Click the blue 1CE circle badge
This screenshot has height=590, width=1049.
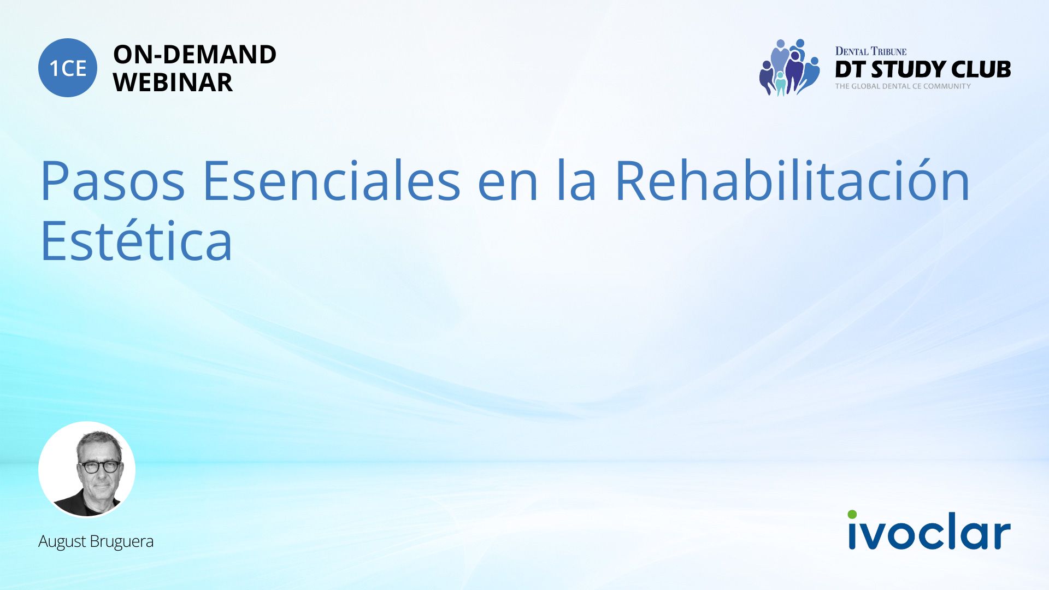[68, 68]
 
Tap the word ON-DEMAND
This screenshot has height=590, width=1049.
[195, 55]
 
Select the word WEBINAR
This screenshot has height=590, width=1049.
[173, 82]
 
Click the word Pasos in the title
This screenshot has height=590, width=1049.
[113, 181]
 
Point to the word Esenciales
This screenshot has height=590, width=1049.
[332, 181]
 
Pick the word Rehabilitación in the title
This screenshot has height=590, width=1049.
[792, 180]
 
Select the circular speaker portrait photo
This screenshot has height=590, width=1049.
[87, 469]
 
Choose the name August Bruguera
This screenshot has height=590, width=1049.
[96, 541]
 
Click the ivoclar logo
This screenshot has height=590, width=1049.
[929, 529]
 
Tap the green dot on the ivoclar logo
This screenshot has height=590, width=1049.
[852, 515]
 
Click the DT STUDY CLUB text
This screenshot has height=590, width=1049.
[923, 69]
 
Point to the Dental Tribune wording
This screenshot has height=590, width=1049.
[871, 51]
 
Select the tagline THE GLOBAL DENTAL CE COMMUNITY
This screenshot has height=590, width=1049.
[903, 86]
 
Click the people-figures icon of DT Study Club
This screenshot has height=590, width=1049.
[789, 67]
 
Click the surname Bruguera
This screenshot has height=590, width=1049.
[122, 541]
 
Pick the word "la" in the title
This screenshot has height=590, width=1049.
[577, 180]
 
